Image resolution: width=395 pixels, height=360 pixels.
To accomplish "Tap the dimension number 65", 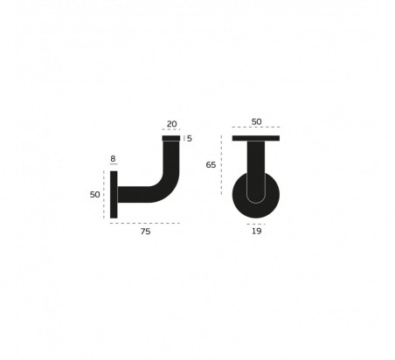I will (x=211, y=165).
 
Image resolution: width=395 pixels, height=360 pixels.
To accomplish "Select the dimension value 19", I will (x=255, y=233).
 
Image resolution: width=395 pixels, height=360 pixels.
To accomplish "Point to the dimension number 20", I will (x=171, y=124).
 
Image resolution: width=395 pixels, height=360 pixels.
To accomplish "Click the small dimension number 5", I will (x=190, y=138).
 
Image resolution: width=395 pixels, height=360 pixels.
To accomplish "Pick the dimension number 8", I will (x=113, y=160).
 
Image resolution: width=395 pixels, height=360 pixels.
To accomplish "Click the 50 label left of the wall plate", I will (x=95, y=195).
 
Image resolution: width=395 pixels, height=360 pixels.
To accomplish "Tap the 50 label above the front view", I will (x=256, y=122).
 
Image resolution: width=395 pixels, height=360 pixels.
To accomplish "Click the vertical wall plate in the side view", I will (x=114, y=195).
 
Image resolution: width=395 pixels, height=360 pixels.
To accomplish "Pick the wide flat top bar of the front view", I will (x=256, y=138).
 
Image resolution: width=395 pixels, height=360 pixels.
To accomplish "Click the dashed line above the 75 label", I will (x=144, y=224).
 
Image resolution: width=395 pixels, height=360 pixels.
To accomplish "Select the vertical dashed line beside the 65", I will (x=222, y=166).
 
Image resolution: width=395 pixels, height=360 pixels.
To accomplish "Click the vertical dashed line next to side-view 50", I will (x=105, y=195).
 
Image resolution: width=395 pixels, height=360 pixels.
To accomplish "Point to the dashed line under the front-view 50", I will (x=256, y=131).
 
